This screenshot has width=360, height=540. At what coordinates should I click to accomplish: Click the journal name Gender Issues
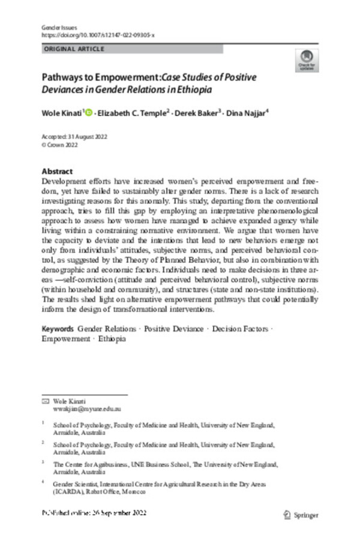56,28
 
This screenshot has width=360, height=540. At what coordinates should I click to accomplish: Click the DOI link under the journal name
98,36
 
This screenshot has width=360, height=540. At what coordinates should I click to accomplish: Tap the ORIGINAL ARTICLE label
74,49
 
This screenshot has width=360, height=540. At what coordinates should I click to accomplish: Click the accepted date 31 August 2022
93,137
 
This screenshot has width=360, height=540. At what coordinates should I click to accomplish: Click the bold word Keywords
58,330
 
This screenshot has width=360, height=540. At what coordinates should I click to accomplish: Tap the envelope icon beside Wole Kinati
44,400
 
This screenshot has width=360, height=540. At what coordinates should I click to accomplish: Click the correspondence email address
84,407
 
